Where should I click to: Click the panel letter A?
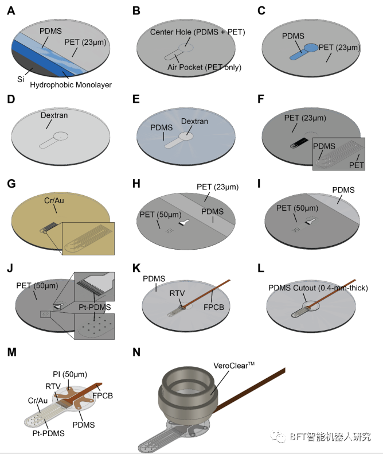11,11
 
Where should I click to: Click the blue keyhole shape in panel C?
310,51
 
